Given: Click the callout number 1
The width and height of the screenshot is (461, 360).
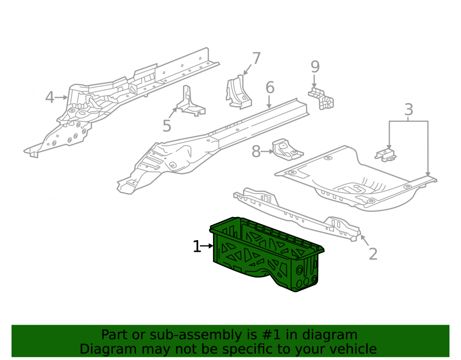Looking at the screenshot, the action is pyautogui.click(x=197, y=246).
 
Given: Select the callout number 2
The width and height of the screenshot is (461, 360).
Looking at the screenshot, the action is pyautogui.click(x=373, y=254).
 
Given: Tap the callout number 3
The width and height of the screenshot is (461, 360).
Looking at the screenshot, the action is pyautogui.click(x=408, y=109).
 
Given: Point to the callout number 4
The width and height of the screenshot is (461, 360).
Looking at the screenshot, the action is pyautogui.click(x=50, y=97).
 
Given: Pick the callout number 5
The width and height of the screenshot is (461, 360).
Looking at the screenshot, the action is pyautogui.click(x=167, y=126).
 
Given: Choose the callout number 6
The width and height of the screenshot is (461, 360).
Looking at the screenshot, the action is pyautogui.click(x=270, y=88).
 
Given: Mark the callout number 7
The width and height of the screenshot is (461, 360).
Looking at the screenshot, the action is pyautogui.click(x=256, y=58).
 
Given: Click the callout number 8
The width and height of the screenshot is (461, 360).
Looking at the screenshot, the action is pyautogui.click(x=256, y=152).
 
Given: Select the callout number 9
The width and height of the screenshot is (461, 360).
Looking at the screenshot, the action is pyautogui.click(x=315, y=67).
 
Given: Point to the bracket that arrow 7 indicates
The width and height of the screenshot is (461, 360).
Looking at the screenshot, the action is pyautogui.click(x=239, y=92).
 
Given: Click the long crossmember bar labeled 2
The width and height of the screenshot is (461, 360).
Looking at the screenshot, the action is pyautogui.click(x=297, y=214).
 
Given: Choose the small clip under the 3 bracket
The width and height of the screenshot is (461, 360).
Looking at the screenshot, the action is pyautogui.click(x=386, y=155).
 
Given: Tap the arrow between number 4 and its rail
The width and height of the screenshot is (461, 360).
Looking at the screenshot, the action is pyautogui.click(x=61, y=97).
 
